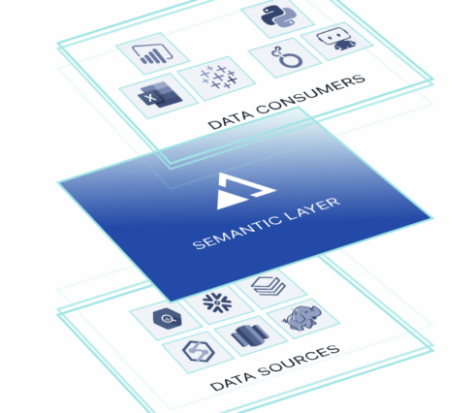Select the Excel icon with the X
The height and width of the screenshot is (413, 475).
[160, 95]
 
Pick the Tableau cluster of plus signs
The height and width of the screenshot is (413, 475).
[218, 77]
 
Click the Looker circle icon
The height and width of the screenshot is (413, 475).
[287, 57]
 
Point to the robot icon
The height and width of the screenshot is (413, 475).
[337, 39]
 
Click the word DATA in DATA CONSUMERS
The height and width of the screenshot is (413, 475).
[230, 119]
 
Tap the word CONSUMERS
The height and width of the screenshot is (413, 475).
[310, 94]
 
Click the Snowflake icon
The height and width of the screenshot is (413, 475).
[217, 303]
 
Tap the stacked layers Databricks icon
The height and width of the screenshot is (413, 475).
[269, 286]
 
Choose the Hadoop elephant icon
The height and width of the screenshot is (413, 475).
[302, 319]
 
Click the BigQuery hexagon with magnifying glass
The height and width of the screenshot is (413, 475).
[167, 319]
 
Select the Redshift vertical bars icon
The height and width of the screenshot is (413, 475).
[250, 335]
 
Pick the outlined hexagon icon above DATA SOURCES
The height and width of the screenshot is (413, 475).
[199, 351]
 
